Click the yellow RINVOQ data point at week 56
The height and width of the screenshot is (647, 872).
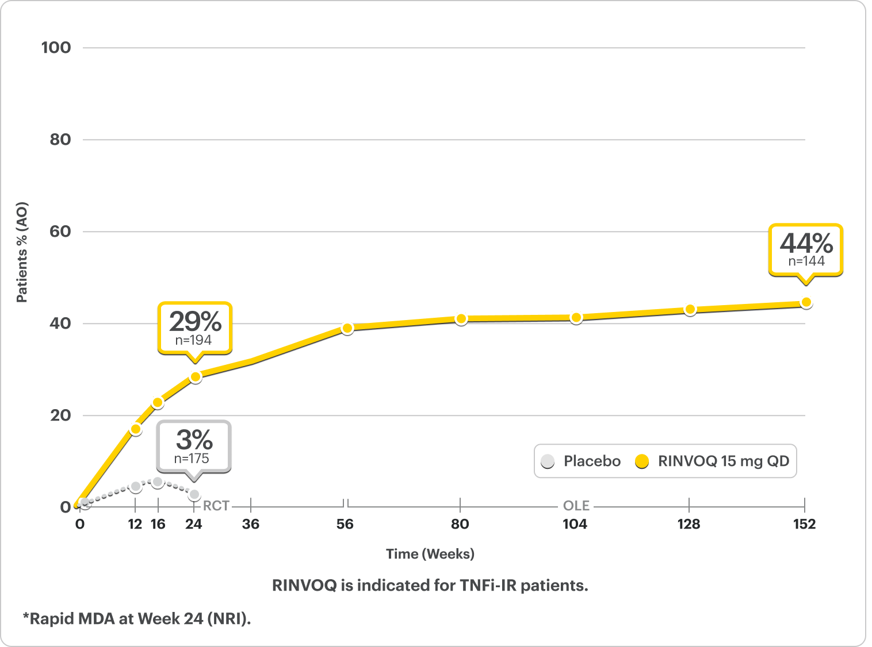tap(347, 328)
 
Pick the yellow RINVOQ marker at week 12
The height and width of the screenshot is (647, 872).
tap(136, 429)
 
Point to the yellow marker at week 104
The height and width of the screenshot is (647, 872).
tap(576, 318)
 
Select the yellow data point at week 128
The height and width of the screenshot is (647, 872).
tap(690, 310)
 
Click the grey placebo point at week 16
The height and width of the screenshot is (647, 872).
tap(158, 482)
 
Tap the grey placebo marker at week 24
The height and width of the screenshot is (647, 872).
tap(194, 494)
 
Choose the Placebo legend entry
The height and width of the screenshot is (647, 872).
tap(581, 461)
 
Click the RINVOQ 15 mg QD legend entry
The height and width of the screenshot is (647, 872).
tap(713, 461)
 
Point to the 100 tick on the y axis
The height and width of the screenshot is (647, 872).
tap(56, 48)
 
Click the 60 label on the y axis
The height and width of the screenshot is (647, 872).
tap(60, 232)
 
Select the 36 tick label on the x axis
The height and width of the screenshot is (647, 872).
tap(251, 524)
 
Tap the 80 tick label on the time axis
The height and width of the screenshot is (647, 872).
tap(460, 524)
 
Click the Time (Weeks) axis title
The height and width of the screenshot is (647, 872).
tap(430, 554)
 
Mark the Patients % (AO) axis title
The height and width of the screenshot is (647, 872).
tap(22, 252)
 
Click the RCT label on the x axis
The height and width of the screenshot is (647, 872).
tap(216, 506)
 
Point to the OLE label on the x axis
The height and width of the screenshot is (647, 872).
tap(576, 506)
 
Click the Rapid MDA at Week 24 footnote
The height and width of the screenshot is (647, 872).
tap(137, 619)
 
